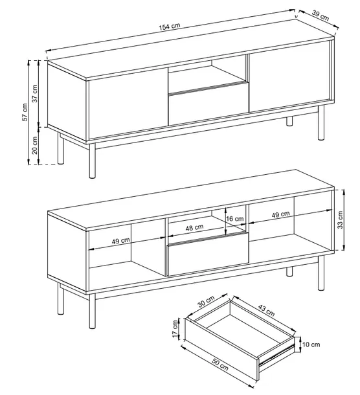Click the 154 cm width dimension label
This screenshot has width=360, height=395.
(170, 27)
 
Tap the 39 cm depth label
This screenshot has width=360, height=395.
(321, 16)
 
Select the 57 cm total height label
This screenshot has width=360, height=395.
(25, 112)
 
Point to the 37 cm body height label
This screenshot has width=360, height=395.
(35, 93)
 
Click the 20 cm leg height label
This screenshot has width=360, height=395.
(35, 145)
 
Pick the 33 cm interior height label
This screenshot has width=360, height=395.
(340, 220)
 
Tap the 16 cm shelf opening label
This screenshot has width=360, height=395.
(235, 219)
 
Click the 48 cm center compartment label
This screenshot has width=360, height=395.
(194, 228)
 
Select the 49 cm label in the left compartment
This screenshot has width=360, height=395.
(121, 241)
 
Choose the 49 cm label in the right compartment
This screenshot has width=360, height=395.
(280, 214)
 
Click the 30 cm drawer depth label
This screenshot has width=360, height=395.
(206, 302)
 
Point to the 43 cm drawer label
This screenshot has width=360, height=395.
(266, 310)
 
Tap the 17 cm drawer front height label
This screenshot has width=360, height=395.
(175, 329)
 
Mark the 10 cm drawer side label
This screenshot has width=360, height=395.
(311, 344)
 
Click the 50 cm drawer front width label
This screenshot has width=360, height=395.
(220, 365)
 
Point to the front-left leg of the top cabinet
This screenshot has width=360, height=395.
(92, 161)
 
